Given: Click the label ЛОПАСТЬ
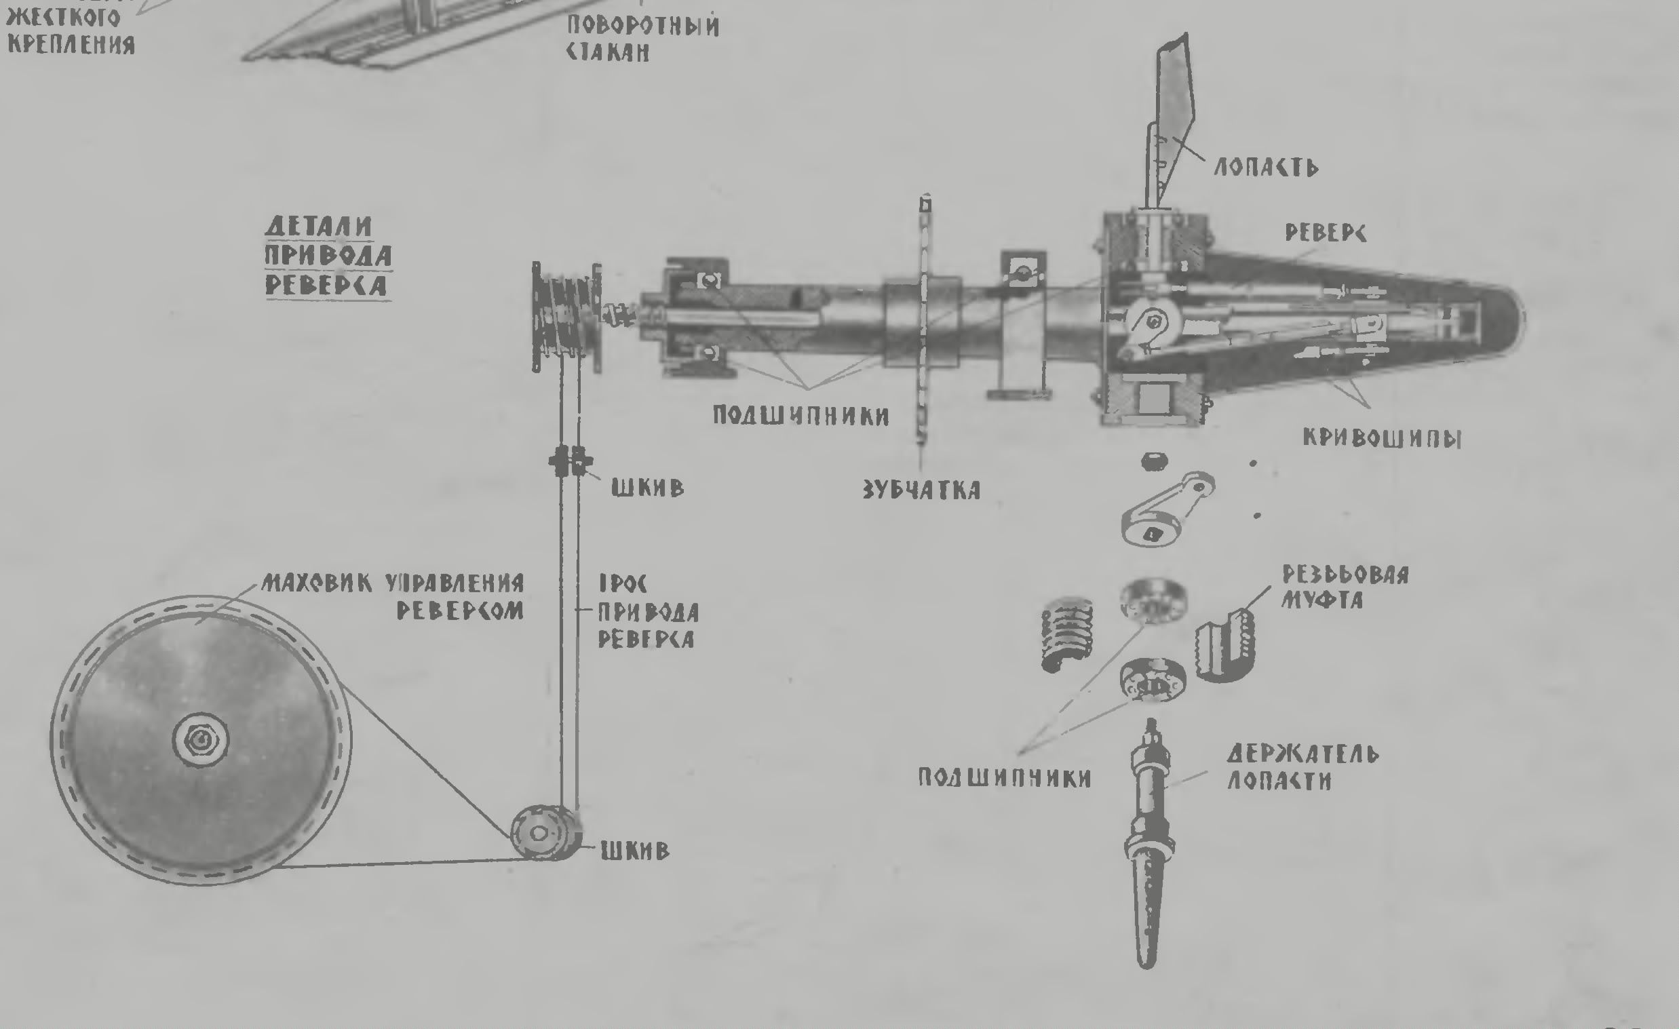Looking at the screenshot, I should (x=1265, y=168).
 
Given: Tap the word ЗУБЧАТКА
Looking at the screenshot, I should (x=921, y=490).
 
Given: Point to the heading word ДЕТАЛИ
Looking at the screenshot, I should (x=318, y=227).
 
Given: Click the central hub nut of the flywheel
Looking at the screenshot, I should (x=200, y=739).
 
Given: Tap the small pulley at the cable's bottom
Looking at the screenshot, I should (x=542, y=834).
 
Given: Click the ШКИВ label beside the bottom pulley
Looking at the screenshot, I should (x=635, y=851).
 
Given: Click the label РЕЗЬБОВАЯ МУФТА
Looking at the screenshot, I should (x=1345, y=587).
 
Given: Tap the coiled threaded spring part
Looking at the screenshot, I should (x=1067, y=634).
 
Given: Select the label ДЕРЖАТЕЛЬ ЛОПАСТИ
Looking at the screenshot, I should (x=1302, y=767).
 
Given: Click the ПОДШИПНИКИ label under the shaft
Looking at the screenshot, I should (x=800, y=415).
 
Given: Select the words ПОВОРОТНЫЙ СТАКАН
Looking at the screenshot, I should (x=642, y=39).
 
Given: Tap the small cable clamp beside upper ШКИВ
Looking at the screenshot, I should (x=569, y=461).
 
